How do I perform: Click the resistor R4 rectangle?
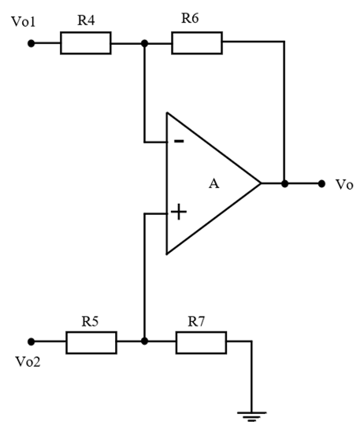click(x=86, y=43)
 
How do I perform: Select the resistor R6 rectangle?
click(x=197, y=43)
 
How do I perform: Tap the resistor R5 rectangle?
click(x=91, y=342)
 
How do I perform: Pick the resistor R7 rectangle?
click(x=201, y=342)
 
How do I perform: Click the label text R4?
click(x=86, y=20)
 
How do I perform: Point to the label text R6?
click(x=190, y=18)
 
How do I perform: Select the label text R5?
click(x=90, y=321)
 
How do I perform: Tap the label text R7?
click(x=196, y=321)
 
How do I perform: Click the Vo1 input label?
click(x=24, y=21)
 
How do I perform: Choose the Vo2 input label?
click(x=28, y=361)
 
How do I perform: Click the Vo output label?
click(x=344, y=185)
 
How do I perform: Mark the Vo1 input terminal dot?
click(x=32, y=43)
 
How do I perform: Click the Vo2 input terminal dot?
click(x=32, y=342)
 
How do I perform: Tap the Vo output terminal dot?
click(x=321, y=183)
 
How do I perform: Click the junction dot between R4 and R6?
click(x=144, y=43)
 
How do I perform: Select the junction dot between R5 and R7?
click(x=144, y=341)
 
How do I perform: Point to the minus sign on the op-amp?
click(x=179, y=141)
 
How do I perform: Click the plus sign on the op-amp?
click(x=179, y=212)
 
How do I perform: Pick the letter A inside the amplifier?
click(x=213, y=183)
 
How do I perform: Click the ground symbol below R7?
click(x=251, y=416)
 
